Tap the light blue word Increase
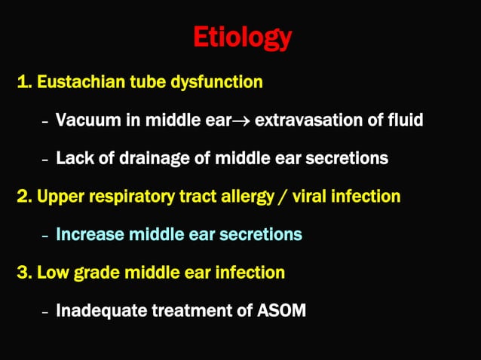coord(90,234)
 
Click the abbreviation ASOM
coord(279,310)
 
